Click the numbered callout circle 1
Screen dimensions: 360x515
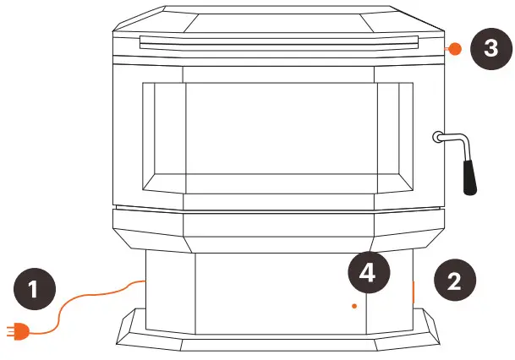point(33,290)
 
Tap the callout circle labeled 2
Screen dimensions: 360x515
point(454,281)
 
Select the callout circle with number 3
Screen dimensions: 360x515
point(490,48)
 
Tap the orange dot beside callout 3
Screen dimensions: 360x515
point(454,49)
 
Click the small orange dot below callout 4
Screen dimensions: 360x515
point(354,306)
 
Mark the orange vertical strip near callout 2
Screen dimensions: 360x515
point(414,292)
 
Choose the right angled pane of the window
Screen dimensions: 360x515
point(392,139)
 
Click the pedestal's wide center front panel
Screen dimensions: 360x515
point(280,292)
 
